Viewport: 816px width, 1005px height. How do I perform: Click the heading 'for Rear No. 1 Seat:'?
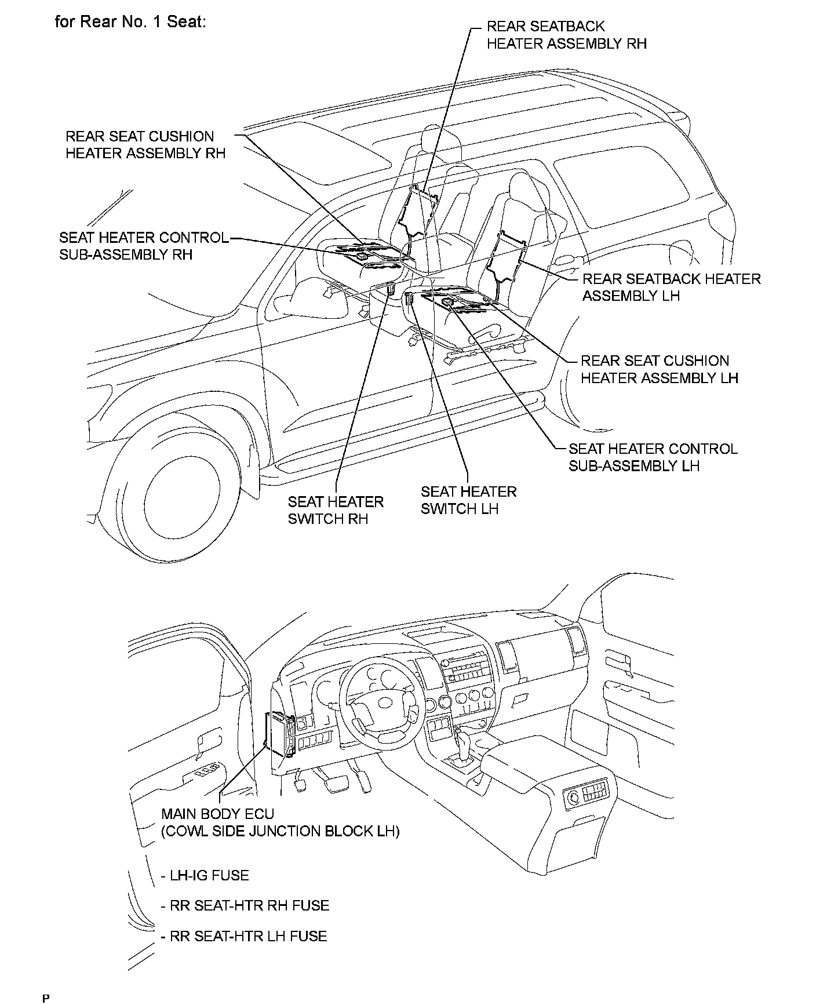point(130,22)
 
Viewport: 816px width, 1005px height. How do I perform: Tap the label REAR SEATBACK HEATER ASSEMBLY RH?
point(566,35)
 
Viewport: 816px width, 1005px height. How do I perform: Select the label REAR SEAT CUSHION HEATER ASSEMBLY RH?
point(145,145)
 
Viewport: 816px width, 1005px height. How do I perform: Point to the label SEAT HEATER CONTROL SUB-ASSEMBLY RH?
point(144,246)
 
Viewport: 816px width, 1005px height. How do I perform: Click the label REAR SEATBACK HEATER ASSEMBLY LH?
point(671,287)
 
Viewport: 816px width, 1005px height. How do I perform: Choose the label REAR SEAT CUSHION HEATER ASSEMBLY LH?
point(660,369)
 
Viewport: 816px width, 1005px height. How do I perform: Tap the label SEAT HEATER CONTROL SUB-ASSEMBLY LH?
point(653,457)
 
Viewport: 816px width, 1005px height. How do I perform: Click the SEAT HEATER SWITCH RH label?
point(336,510)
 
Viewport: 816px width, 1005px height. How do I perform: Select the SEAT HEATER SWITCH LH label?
point(468,500)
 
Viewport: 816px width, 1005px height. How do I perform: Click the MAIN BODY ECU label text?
point(217,814)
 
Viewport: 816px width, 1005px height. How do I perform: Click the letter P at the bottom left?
point(46,998)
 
